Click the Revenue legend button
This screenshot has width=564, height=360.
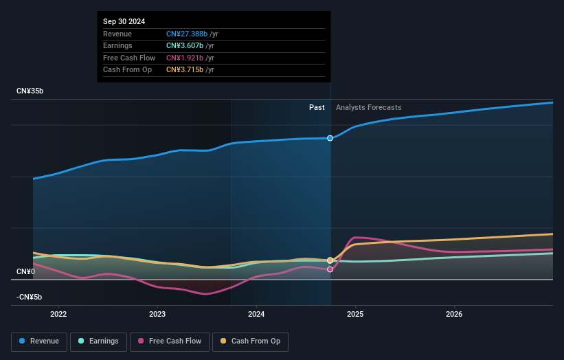click(x=40, y=341)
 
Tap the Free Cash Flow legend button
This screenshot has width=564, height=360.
click(x=171, y=341)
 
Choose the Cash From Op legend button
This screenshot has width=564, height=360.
click(x=251, y=341)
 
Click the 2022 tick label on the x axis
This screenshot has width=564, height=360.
click(x=58, y=315)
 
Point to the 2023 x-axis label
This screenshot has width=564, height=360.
click(x=157, y=315)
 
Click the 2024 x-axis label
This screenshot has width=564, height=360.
click(x=256, y=315)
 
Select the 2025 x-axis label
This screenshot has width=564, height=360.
click(x=355, y=315)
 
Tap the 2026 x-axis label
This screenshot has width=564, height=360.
click(x=454, y=315)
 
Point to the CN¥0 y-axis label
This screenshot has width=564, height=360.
click(x=25, y=272)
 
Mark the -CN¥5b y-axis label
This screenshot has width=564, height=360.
click(x=30, y=297)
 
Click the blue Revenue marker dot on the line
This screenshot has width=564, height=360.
click(x=330, y=138)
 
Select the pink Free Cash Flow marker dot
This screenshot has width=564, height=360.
click(x=330, y=269)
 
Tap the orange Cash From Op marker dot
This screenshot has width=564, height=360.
click(x=330, y=260)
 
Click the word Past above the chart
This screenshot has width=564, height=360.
click(x=317, y=107)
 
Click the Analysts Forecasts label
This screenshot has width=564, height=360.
click(x=368, y=107)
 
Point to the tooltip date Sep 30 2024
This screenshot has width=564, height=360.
click(x=124, y=22)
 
